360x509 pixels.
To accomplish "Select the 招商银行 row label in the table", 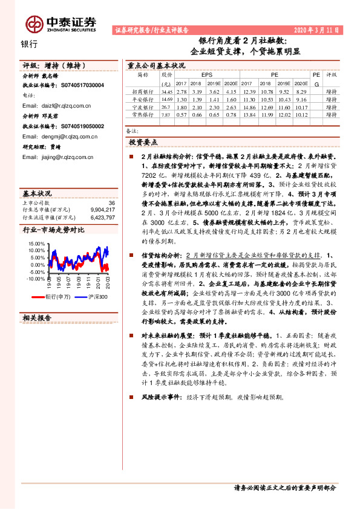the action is click(x=143, y=91).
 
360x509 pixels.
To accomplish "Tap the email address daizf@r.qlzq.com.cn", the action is click(x=55, y=105).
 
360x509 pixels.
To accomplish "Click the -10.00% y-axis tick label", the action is click(x=36, y=279).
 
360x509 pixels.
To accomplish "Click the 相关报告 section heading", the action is click(x=37, y=317).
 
